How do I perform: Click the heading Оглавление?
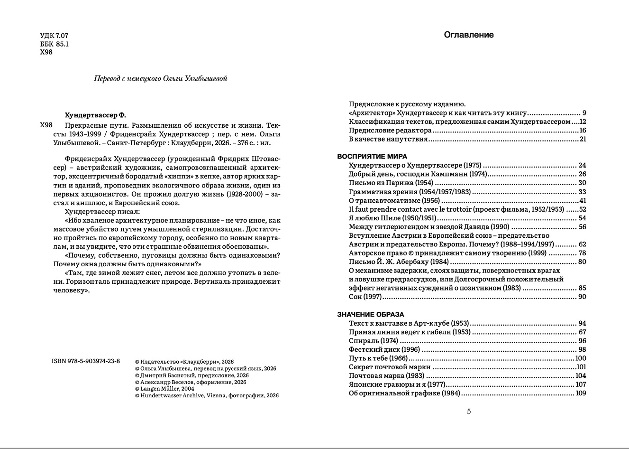pos(468,35)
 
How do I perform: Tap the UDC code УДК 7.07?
pos(55,36)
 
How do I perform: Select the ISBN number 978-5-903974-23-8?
pos(86,361)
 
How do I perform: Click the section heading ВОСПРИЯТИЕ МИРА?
pos(372,156)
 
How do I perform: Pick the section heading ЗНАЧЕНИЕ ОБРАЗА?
pos(371,314)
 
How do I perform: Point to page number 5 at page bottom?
pos(469,412)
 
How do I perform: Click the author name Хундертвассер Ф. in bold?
pos(95,115)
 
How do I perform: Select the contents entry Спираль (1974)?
pos(374,341)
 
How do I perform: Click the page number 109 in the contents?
pos(581,393)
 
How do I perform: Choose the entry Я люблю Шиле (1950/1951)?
pos(392,218)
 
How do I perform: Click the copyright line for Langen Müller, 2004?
pos(164,389)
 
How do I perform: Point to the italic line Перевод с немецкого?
pos(161,78)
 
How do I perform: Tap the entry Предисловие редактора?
pos(390,130)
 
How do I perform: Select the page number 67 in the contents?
pos(582,332)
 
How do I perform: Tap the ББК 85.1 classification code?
pos(55,44)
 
